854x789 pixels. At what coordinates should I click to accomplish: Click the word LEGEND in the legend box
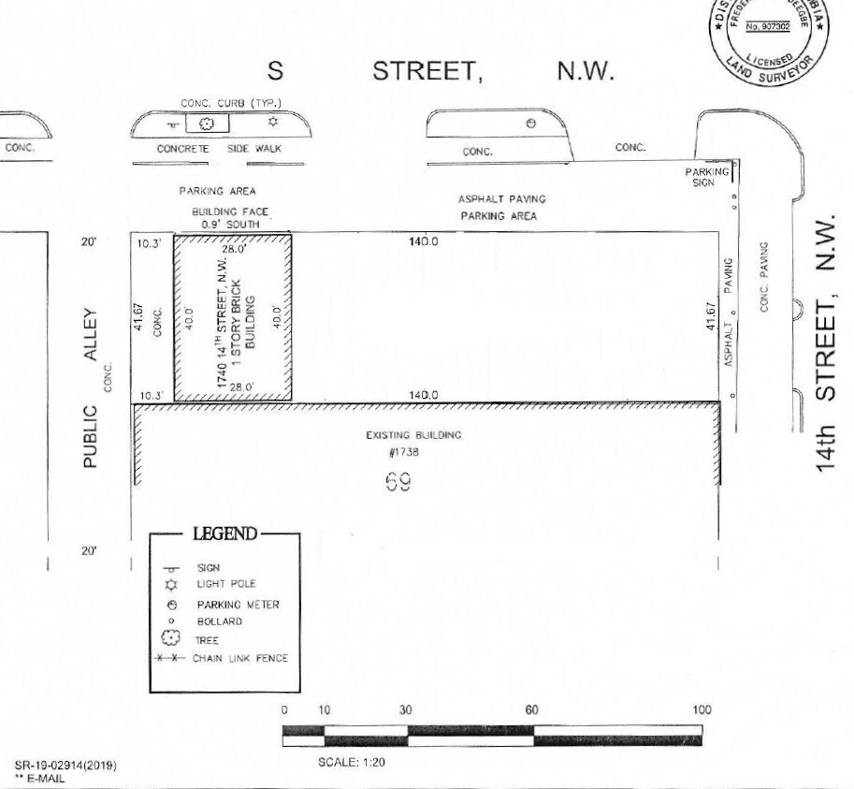click(224, 533)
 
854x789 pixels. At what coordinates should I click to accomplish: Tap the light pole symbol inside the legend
click(171, 584)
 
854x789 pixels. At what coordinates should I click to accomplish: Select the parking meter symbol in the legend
click(171, 605)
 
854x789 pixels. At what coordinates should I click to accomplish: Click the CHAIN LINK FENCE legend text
click(240, 658)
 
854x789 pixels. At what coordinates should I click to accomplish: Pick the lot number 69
click(398, 482)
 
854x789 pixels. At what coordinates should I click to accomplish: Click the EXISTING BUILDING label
click(413, 435)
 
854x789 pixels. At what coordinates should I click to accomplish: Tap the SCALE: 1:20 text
click(352, 762)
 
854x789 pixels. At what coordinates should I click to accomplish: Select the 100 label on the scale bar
click(702, 710)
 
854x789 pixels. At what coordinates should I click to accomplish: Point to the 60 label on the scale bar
click(531, 710)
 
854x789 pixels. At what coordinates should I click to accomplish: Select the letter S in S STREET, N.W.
click(276, 73)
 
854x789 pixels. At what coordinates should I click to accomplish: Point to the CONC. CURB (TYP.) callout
click(231, 103)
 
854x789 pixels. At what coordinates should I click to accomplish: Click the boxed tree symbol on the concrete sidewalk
click(208, 124)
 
